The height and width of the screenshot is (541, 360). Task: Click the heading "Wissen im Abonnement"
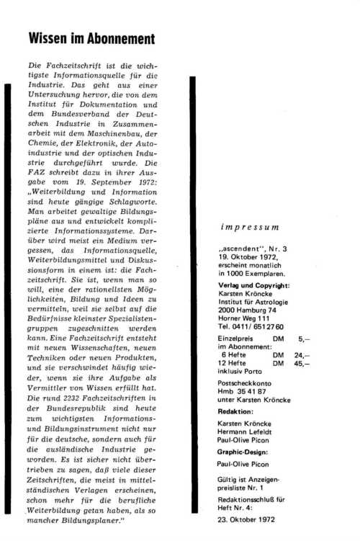pyautogui.click(x=90, y=37)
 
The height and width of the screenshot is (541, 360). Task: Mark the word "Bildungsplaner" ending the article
pyautogui.click(x=104, y=519)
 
